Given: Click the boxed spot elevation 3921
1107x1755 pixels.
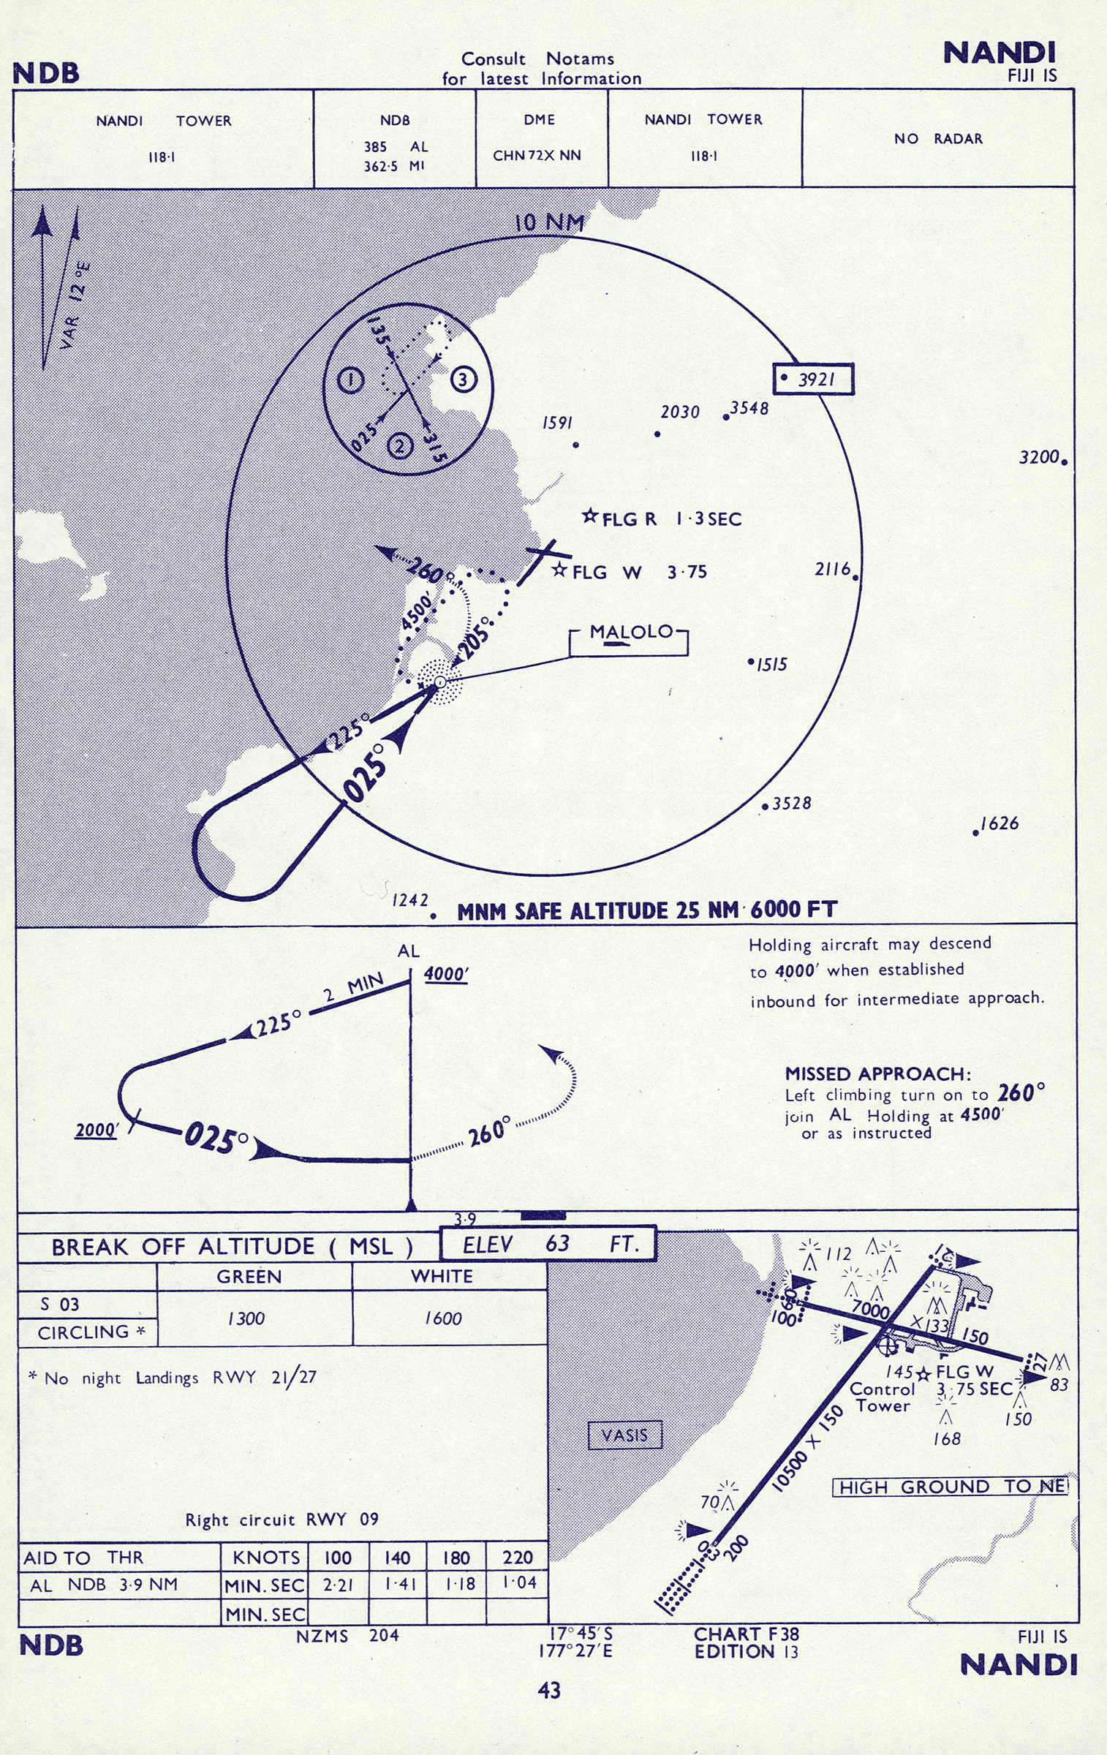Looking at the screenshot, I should coord(814,379).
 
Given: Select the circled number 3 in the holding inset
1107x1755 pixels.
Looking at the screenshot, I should coord(463,380).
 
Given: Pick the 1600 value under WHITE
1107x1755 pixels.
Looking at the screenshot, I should coord(443,1318).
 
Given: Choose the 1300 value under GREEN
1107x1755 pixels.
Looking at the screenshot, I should coord(246,1318).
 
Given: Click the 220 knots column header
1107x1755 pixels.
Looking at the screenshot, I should coord(517,1557).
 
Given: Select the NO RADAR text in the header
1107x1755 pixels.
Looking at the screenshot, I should coord(938,138).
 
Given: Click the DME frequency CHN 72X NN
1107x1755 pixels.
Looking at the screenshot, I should coord(537,155).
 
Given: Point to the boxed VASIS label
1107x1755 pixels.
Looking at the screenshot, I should coord(624,1435).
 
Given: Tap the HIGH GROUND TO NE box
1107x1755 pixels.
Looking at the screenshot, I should coord(951,1487).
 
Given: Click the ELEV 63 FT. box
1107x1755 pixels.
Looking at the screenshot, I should coord(548,1244).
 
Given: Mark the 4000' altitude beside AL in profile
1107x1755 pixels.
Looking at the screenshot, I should coord(446,975).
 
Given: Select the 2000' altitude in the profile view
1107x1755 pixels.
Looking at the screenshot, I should coord(97,1130).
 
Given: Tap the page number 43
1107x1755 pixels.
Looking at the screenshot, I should coord(549,1690).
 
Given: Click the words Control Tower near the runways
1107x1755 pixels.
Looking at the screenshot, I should coord(883,1397).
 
